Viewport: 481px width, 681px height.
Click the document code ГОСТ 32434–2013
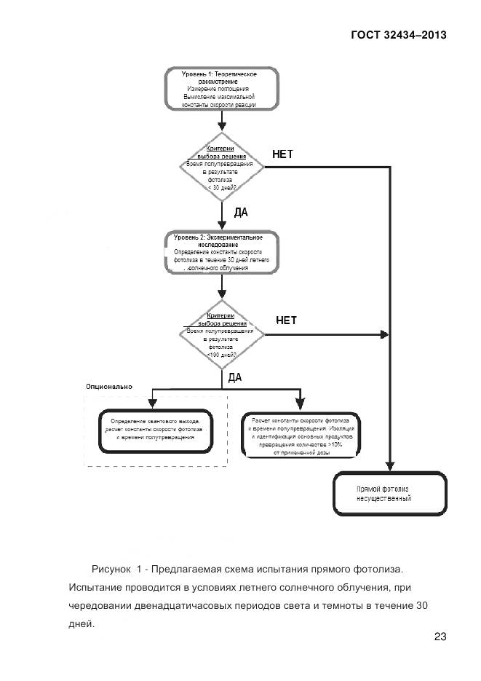coord(399,34)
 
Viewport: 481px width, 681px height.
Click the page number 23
coord(440,637)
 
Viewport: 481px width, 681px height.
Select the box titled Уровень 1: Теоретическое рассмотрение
coord(220,89)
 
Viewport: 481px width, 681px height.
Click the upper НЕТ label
coord(282,154)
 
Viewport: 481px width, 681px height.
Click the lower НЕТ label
coord(287,320)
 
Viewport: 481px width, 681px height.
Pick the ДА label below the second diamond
coord(235,377)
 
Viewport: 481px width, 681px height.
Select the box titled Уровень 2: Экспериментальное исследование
coord(220,253)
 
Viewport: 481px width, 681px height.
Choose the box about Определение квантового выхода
coord(154,432)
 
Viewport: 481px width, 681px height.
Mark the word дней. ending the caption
coord(82,624)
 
